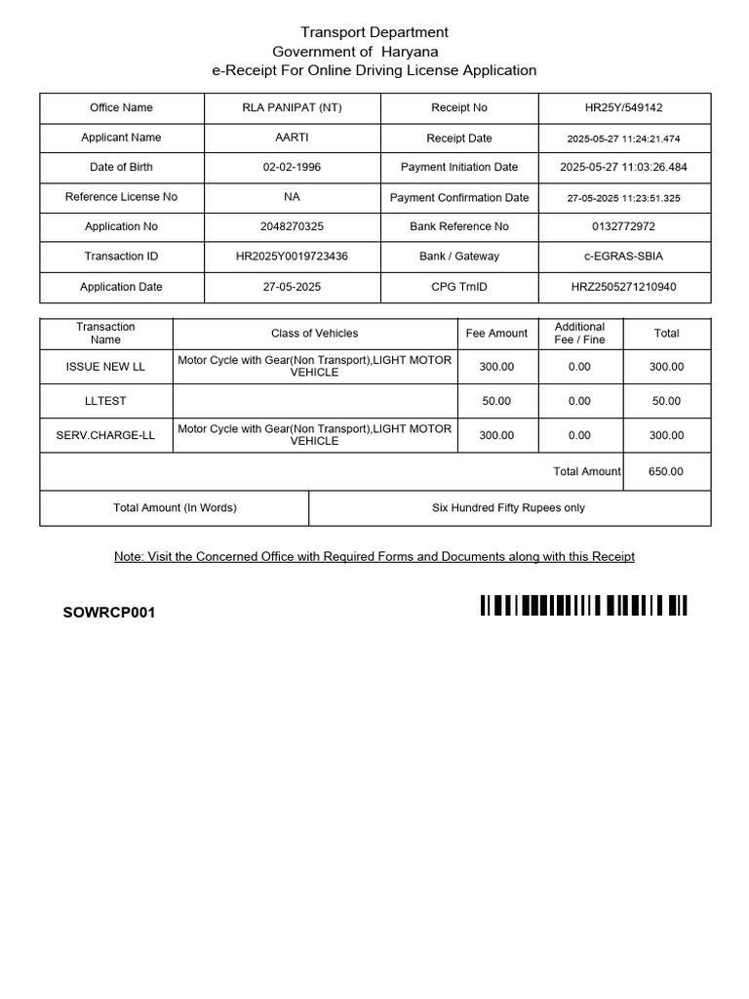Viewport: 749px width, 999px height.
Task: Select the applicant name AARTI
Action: click(x=292, y=138)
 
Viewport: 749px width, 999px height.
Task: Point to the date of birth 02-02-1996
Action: click(x=292, y=167)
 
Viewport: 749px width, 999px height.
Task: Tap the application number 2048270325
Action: click(x=292, y=226)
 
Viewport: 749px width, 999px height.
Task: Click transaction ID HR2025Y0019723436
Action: click(x=292, y=256)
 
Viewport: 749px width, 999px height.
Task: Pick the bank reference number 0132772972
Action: click(x=623, y=226)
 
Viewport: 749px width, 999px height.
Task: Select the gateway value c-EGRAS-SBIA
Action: click(x=623, y=256)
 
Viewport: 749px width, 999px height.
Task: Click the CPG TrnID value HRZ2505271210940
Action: click(x=623, y=287)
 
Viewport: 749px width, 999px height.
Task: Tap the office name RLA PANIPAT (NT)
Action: click(x=292, y=108)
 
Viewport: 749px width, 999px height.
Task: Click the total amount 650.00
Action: click(x=666, y=471)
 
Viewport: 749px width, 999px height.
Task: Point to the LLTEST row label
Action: click(x=105, y=401)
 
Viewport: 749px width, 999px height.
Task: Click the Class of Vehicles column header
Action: click(x=314, y=334)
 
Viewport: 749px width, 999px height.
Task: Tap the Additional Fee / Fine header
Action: click(x=579, y=333)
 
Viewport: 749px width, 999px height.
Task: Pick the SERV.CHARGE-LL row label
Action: click(x=105, y=435)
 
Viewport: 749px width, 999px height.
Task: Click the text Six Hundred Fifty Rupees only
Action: click(x=508, y=507)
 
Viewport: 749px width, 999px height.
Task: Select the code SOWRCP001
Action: click(x=108, y=613)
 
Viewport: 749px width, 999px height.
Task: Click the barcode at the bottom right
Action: click(x=583, y=606)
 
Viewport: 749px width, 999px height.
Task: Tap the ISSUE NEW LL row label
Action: click(x=105, y=367)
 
